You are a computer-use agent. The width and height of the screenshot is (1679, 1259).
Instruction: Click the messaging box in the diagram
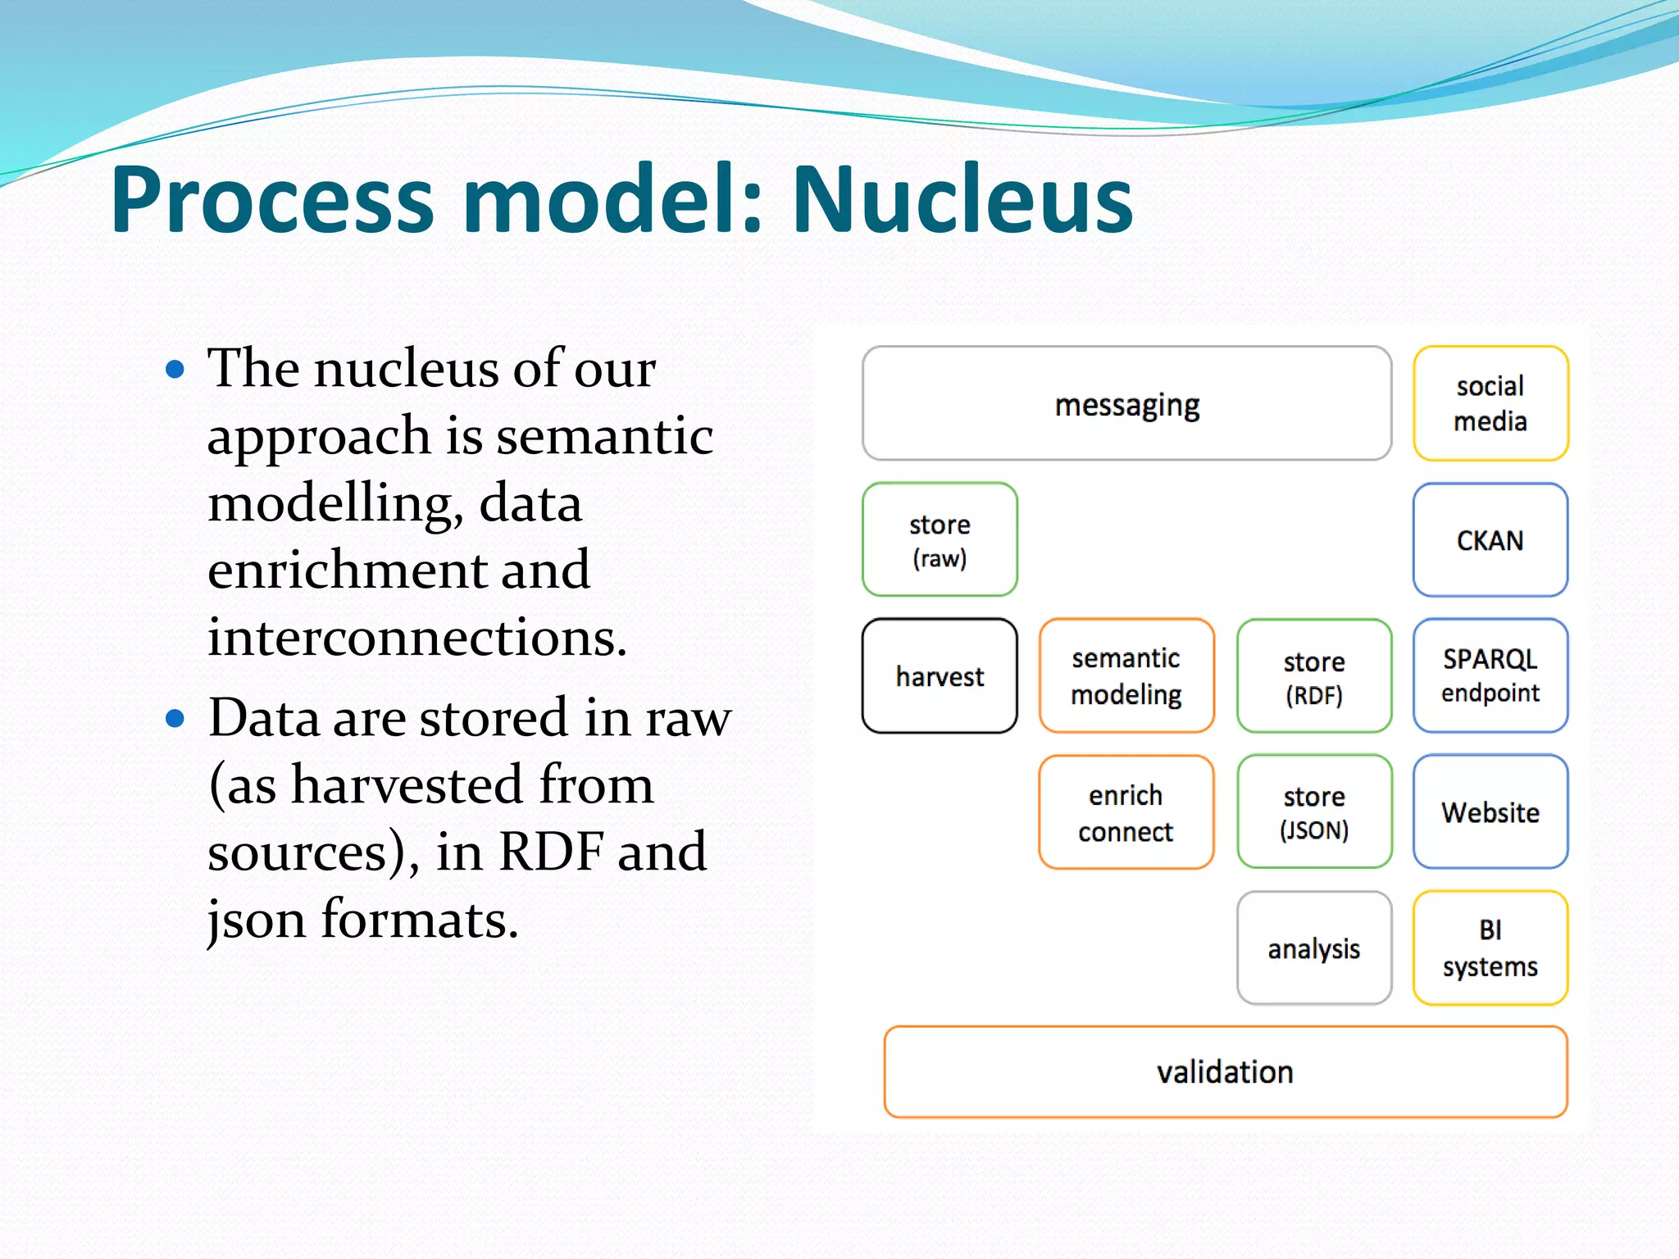(1126, 404)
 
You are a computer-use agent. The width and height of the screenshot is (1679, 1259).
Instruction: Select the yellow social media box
(1490, 404)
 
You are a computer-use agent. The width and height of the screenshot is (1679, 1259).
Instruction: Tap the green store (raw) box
(940, 540)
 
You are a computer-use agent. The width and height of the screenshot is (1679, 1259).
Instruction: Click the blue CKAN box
(1490, 540)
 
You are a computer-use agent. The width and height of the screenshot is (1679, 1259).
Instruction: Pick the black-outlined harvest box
(940, 676)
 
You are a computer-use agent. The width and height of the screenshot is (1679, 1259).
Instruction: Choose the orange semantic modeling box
(1126, 676)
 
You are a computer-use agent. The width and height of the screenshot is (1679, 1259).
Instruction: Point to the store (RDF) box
(1313, 676)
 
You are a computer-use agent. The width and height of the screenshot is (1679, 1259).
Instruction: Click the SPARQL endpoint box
(1490, 676)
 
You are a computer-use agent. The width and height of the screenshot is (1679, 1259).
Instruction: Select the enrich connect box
(1126, 812)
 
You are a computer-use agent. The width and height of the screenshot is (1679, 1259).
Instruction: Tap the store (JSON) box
(1313, 812)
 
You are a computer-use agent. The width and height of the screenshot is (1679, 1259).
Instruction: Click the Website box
(1490, 812)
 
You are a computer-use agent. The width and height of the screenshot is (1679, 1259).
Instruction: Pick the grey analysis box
(1313, 948)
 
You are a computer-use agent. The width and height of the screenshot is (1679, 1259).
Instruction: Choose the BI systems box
(1490, 948)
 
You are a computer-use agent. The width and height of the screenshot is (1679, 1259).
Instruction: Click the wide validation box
(1225, 1072)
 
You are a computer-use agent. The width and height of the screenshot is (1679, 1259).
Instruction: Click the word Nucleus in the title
(962, 201)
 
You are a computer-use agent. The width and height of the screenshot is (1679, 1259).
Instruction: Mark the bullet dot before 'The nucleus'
(175, 369)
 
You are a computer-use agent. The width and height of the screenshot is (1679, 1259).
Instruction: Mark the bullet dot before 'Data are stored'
(175, 719)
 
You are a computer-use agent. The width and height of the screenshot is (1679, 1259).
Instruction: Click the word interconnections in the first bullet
(416, 638)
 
